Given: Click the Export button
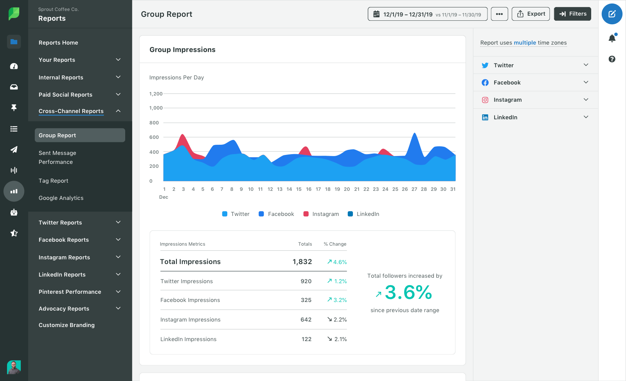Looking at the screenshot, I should coord(531,14).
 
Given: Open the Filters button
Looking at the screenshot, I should coord(572,14).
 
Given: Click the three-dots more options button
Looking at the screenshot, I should coord(499,14).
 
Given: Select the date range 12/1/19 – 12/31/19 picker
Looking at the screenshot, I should coord(427,14).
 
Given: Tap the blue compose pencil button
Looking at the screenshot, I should coord(612,14).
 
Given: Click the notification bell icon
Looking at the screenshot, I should coord(612,38).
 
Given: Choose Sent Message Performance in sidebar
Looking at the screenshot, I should coord(57,157).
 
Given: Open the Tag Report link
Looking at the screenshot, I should coord(54,181).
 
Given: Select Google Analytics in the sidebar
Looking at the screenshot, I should coord(61,198).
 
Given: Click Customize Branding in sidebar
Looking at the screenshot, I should coord(67,325).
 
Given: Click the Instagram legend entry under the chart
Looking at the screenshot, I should coord(321,214).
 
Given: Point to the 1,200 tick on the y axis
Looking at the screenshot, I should coord(156,94).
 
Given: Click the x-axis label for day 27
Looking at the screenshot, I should coord(414,189).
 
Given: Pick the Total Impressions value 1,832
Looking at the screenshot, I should coord(302,262).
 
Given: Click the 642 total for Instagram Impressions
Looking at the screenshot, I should coord(306,320).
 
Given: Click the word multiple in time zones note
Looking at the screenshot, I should coord(525,43).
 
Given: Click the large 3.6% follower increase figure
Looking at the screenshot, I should coord(408,293).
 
